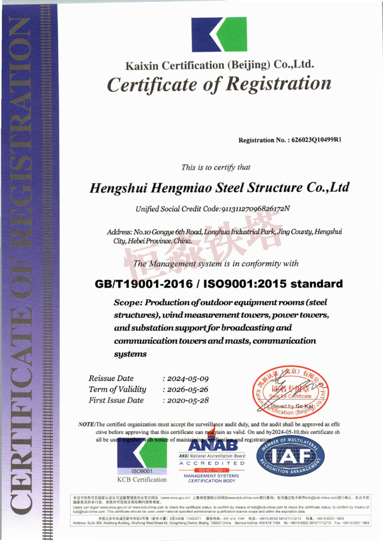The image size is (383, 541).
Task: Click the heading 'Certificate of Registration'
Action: pos(219,84)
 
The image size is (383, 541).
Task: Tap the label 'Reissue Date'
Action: pos(112,378)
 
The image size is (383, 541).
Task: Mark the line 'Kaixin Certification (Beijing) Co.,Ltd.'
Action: pos(219,65)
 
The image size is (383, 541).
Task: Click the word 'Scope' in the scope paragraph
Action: pos(127,302)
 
